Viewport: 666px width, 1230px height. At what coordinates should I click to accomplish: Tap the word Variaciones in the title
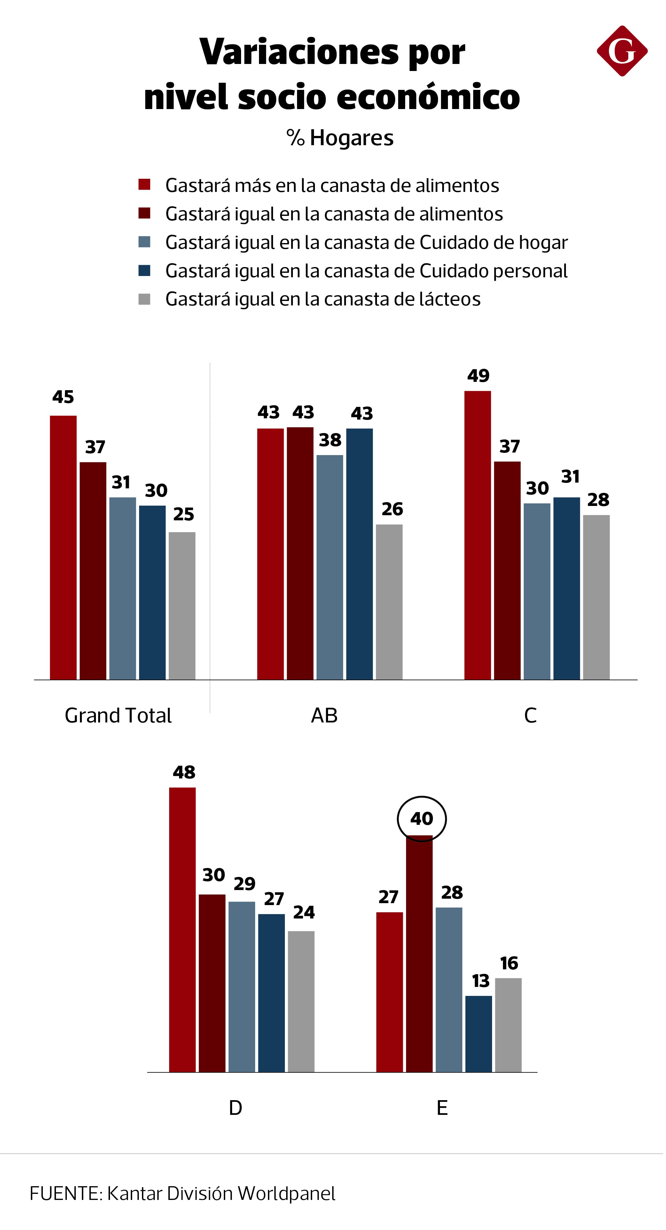pos(299,52)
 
